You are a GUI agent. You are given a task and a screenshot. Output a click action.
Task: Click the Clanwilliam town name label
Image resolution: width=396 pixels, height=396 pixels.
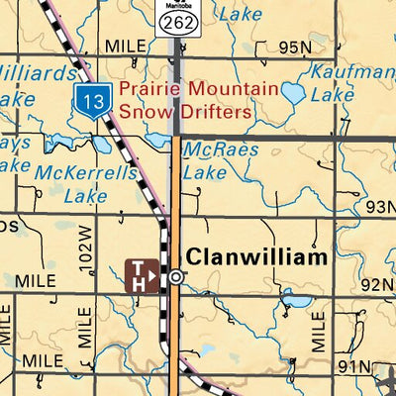click(257, 257)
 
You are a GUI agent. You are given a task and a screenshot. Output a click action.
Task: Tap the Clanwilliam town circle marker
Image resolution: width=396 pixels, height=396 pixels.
click(175, 277)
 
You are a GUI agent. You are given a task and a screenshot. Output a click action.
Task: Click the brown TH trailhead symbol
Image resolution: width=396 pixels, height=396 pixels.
click(143, 275)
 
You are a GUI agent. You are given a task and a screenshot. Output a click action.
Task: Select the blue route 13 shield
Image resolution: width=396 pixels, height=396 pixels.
click(92, 100)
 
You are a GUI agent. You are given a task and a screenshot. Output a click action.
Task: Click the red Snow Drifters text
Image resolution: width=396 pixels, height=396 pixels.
click(186, 111)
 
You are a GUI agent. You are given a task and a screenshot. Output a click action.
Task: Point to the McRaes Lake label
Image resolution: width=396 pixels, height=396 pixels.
click(221, 160)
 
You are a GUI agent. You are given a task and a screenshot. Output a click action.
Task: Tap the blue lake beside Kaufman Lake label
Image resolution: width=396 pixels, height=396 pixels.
click(293, 94)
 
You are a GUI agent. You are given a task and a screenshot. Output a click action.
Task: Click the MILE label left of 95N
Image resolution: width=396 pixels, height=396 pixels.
click(125, 47)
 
